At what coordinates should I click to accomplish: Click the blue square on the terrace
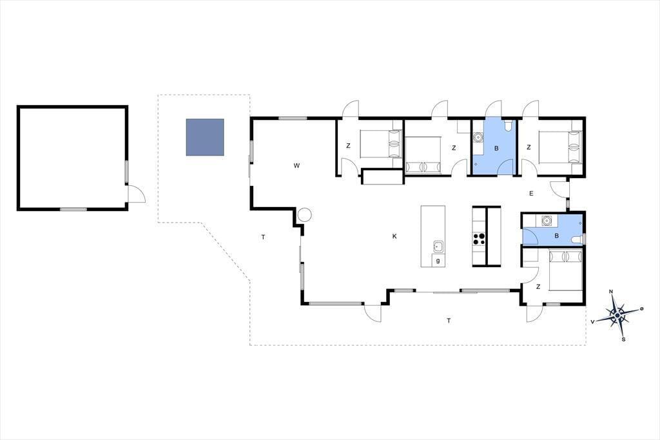click(x=205, y=137)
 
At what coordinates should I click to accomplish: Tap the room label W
click(x=296, y=166)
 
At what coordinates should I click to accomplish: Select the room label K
click(x=394, y=236)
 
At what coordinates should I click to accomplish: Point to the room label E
click(x=531, y=194)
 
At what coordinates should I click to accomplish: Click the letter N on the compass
click(x=611, y=292)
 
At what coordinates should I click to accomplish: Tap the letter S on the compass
click(x=623, y=339)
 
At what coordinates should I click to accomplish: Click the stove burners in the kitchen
click(x=479, y=239)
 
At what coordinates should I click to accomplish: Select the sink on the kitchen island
click(x=438, y=246)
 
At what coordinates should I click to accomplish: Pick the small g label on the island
click(x=438, y=261)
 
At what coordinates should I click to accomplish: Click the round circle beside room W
click(x=304, y=215)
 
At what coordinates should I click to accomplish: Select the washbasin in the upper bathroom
click(x=478, y=137)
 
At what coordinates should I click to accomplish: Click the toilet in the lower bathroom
click(x=578, y=240)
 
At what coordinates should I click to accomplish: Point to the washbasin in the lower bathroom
click(x=547, y=220)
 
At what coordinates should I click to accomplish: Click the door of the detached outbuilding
click(x=137, y=194)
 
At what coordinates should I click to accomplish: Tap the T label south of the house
click(x=449, y=321)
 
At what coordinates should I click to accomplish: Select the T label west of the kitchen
click(x=263, y=237)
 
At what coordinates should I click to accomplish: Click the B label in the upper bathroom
click(x=496, y=148)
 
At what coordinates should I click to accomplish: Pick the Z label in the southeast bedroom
click(x=538, y=287)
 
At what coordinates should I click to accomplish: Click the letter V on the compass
click(x=593, y=322)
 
